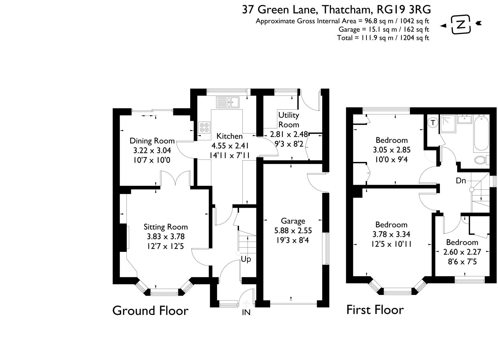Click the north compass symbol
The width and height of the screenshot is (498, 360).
(x=460, y=24)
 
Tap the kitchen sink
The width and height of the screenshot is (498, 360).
(x=227, y=102)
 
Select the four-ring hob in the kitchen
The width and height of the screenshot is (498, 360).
(x=204, y=127)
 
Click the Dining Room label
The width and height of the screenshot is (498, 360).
(x=152, y=141)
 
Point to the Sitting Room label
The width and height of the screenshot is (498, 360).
(x=165, y=227)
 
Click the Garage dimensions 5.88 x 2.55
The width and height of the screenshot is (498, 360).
(x=293, y=230)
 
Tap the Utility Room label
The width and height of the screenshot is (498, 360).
(x=289, y=120)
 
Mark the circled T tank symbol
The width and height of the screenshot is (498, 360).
(x=433, y=122)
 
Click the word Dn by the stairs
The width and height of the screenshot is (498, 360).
(x=461, y=181)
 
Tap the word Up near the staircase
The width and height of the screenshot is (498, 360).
(x=246, y=259)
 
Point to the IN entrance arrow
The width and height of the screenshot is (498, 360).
(x=246, y=304)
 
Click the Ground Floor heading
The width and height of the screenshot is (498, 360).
(x=150, y=311)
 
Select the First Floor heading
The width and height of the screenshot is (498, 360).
(x=375, y=310)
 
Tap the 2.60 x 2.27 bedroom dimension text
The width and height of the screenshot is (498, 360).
(x=462, y=252)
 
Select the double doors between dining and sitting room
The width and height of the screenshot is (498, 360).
(x=175, y=179)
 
